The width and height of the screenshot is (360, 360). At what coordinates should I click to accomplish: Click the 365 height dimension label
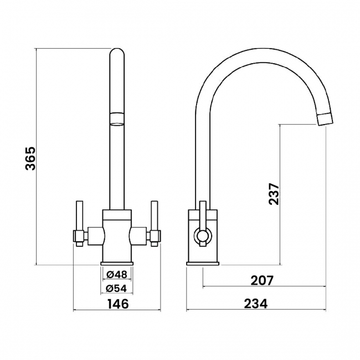click(30, 158)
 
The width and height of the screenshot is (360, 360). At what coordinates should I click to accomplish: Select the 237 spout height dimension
click(274, 194)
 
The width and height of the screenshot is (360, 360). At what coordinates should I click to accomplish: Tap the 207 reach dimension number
click(262, 280)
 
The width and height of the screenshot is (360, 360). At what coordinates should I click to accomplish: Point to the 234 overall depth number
click(256, 304)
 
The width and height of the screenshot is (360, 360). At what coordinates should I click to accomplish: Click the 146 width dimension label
click(118, 304)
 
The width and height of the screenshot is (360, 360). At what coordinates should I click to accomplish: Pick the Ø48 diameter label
click(117, 274)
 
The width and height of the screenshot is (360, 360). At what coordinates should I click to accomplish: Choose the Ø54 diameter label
click(117, 289)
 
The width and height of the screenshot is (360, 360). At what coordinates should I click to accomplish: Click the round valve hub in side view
click(203, 236)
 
